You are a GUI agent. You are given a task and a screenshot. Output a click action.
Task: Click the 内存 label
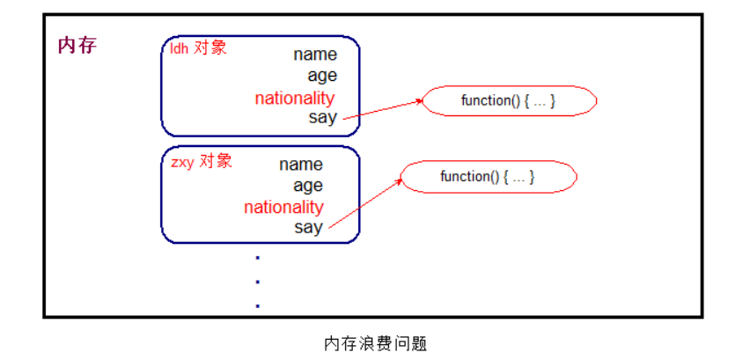click(77, 46)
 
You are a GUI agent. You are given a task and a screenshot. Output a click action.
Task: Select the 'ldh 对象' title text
click(198, 48)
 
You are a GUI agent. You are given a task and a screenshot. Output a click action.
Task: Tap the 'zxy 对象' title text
click(202, 162)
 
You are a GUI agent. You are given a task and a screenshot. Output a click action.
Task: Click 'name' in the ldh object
click(315, 55)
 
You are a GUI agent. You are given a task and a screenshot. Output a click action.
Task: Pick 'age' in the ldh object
click(322, 77)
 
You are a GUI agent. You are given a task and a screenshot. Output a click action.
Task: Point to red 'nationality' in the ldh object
click(295, 99)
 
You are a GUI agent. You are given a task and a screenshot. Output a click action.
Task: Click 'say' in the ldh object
click(323, 117)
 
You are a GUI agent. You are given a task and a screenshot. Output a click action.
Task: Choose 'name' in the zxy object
click(301, 165)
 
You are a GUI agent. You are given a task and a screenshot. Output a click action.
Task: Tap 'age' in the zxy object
click(308, 186)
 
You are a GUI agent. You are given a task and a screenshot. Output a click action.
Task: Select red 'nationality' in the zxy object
click(283, 208)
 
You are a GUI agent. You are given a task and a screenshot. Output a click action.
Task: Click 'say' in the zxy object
click(308, 227)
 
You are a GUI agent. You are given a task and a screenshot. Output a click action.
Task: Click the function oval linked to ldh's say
click(509, 101)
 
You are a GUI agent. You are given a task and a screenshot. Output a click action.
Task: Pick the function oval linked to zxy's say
click(488, 177)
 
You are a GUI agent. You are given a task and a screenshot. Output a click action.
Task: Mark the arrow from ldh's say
click(383, 108)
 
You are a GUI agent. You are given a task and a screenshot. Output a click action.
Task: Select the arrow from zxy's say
click(366, 203)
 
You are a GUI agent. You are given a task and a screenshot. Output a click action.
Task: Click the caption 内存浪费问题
click(375, 343)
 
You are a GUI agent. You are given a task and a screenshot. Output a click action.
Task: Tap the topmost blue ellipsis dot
click(258, 258)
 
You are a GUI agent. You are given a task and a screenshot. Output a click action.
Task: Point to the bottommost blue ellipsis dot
click(258, 305)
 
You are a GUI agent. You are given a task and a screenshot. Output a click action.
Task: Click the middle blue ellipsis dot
click(258, 282)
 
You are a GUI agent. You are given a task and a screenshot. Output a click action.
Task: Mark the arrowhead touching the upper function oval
click(420, 100)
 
